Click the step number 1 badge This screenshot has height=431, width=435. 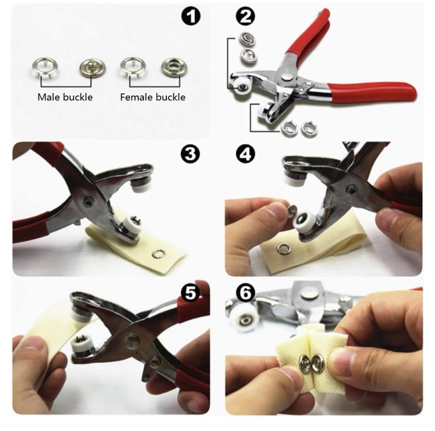(x=191, y=17)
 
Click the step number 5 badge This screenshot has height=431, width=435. (x=191, y=293)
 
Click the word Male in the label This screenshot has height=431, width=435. (x=49, y=97)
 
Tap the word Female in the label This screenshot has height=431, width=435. (x=136, y=97)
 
